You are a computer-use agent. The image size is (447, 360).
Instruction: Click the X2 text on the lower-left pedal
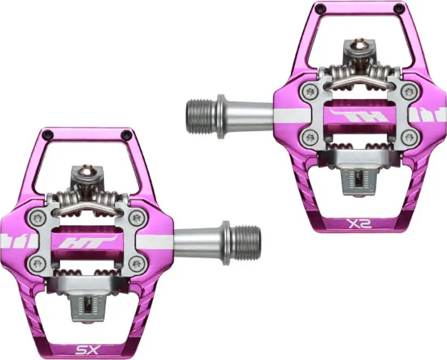(x=88, y=351)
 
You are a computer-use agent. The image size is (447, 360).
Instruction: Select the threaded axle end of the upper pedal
(x=202, y=115)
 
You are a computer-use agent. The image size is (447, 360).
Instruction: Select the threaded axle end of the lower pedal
(x=246, y=241)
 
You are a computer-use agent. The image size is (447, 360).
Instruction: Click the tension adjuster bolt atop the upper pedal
(x=355, y=49)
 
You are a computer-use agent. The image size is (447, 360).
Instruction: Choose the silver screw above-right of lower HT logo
(x=136, y=218)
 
